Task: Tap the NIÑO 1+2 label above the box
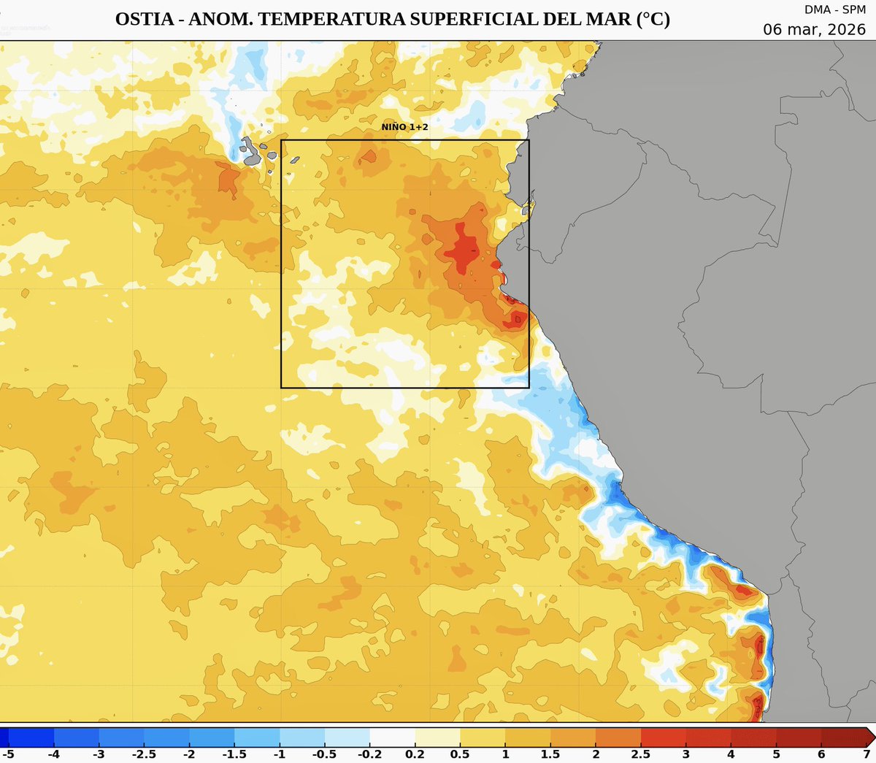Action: click(404, 127)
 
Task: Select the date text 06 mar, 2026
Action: click(815, 29)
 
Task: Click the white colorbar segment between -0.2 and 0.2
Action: click(392, 735)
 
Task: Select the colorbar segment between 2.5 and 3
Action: click(663, 735)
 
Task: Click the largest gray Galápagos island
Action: click(253, 150)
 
